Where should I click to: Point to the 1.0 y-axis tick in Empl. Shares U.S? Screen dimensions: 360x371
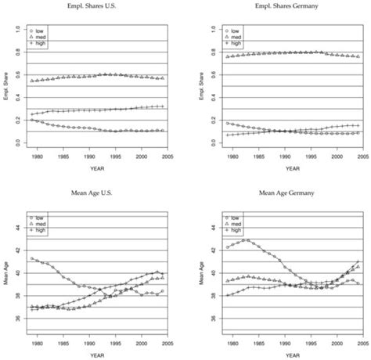17,29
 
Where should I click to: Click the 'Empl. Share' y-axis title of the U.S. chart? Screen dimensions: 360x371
5,85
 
